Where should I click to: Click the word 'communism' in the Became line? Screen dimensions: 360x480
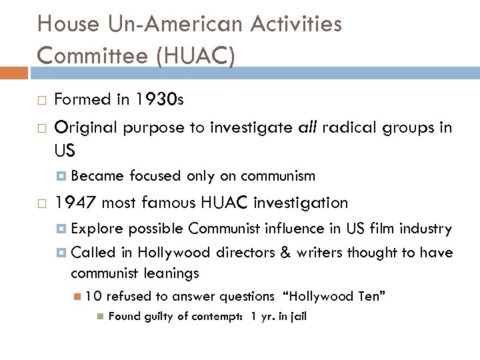[278, 177]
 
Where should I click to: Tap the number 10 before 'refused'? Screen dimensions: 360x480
[93, 296]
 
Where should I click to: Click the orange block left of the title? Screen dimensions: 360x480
[13, 72]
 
